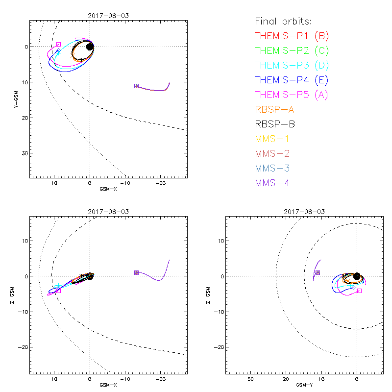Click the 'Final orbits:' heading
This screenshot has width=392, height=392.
click(283, 21)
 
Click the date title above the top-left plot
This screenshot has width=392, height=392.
click(108, 16)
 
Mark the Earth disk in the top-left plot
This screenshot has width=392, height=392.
click(90, 47)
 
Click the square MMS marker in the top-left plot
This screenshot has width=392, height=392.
click(136, 86)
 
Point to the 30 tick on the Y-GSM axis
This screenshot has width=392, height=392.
click(25, 153)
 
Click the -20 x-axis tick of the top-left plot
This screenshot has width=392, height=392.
click(160, 183)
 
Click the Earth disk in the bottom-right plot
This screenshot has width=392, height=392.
click(357, 276)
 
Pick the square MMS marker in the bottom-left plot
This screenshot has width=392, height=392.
click(136, 272)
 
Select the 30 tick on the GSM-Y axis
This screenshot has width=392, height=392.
click(251, 379)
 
